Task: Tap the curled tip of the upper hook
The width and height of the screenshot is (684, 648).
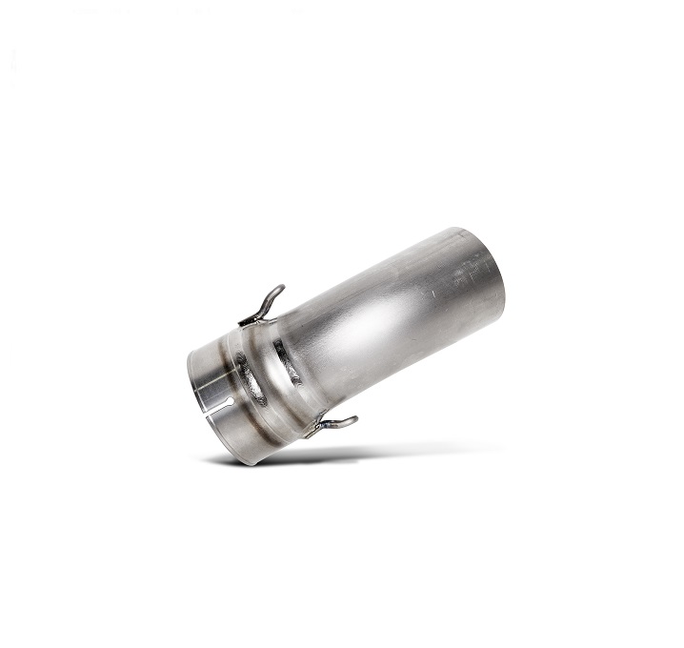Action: point(277,289)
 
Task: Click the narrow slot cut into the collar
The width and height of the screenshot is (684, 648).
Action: point(214,400)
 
